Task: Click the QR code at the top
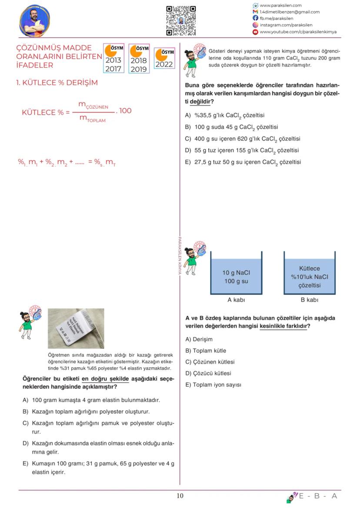point(181,20)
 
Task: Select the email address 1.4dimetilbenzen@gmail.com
point(289,12)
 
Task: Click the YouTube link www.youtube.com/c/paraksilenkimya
point(298,32)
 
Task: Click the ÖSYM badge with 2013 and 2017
point(113,58)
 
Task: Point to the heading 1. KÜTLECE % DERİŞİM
point(57,83)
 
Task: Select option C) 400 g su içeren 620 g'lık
point(243,139)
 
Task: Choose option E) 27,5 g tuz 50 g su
point(243,162)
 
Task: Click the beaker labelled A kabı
point(236,274)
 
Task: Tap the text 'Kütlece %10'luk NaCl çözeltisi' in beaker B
point(310,277)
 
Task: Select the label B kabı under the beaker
point(310,300)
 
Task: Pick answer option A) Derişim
point(199,339)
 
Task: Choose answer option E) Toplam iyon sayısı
point(213,385)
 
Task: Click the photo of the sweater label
point(76,328)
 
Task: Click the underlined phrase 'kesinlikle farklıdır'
point(283,326)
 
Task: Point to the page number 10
point(180,496)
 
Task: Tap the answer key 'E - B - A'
point(317,496)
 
